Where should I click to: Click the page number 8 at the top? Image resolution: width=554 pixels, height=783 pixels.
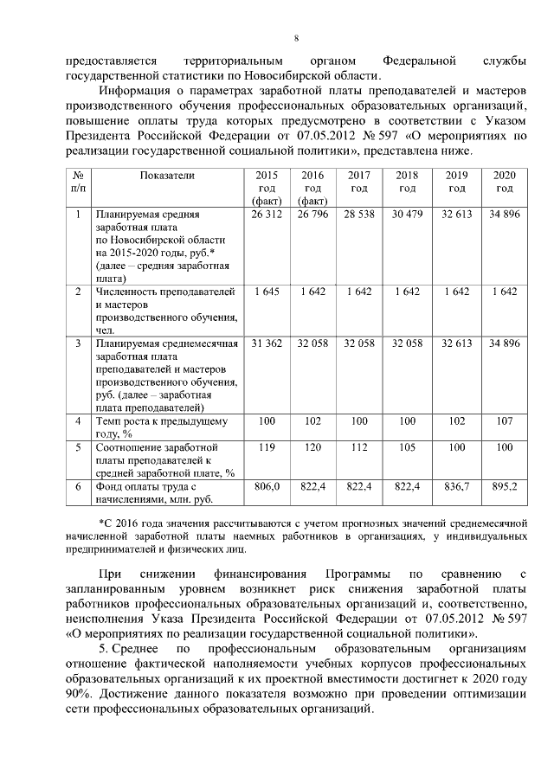pos(296,39)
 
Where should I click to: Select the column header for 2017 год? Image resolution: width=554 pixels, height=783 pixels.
pos(359,182)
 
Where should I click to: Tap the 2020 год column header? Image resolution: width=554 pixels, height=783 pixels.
pos(505,182)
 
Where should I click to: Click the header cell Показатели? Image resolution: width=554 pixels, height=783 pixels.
pos(168,176)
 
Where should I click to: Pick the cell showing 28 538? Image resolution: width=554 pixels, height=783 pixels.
pos(359,214)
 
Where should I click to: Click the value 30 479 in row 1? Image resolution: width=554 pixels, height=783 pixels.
pos(407,214)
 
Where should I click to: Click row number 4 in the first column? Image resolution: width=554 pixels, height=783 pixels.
pos(78,421)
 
